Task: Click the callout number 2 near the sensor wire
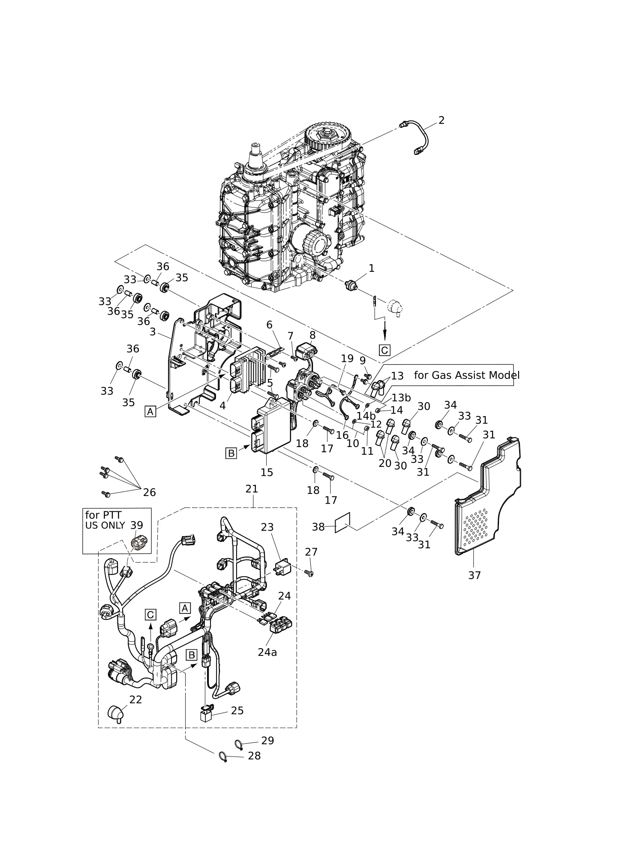[442, 120]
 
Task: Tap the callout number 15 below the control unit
[267, 472]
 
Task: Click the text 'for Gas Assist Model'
[466, 375]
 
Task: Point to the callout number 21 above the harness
[252, 489]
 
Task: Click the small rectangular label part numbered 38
[343, 523]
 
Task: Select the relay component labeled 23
[282, 567]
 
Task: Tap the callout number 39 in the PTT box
[137, 525]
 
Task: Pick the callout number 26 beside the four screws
[149, 493]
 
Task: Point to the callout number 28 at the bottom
[254, 756]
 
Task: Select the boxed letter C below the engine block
[385, 350]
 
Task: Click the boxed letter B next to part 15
[231, 453]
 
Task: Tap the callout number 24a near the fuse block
[267, 652]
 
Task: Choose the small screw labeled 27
[310, 573]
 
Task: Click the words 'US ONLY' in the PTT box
[105, 526]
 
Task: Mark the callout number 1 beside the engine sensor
[371, 268]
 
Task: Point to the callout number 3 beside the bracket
[153, 332]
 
